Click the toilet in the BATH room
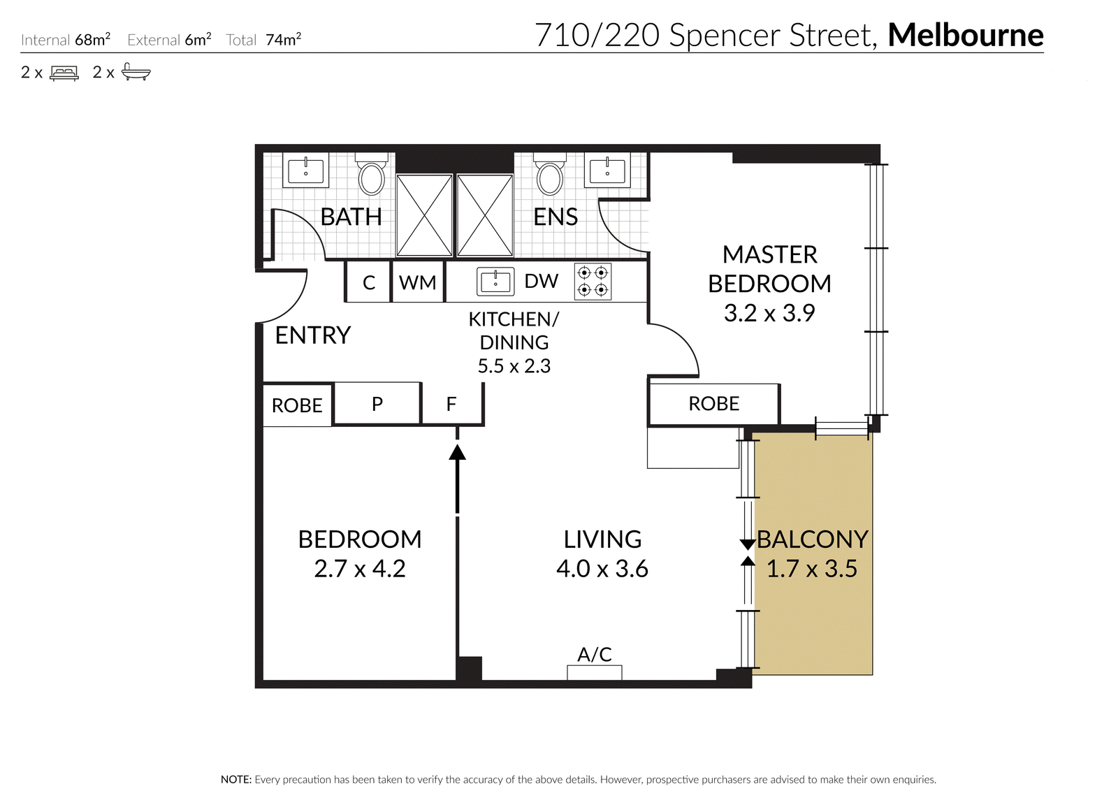[371, 174]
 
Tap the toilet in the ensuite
[550, 174]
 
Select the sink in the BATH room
[306, 170]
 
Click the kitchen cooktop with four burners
[593, 282]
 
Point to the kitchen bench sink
[495, 282]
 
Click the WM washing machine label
[418, 283]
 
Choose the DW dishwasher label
[541, 281]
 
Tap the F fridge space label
[451, 404]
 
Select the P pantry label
[377, 404]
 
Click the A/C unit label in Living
[595, 654]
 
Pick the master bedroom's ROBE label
[713, 404]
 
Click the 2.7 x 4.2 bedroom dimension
[360, 568]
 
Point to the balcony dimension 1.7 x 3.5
[812, 568]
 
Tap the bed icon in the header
[64, 73]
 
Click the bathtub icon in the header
[136, 72]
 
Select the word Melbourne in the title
[966, 35]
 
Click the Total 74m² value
[284, 39]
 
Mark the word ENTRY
[313, 335]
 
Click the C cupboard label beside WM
[369, 283]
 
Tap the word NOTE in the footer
[236, 780]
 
